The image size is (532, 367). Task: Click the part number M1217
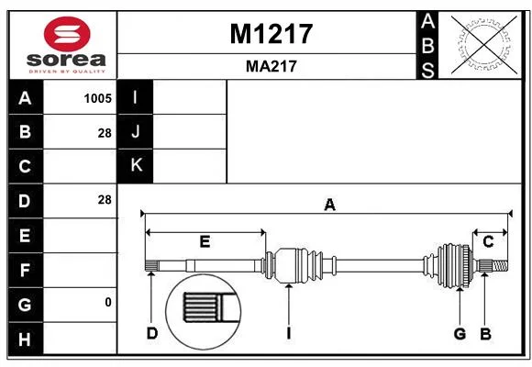pos(272,34)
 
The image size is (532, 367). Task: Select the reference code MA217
pos(272,66)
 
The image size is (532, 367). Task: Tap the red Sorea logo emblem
pos(67,34)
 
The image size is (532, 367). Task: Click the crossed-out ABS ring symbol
pos(484,44)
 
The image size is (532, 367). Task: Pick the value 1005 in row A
pos(98,98)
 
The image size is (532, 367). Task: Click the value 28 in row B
pos(105,133)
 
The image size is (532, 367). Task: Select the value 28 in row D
pos(105,200)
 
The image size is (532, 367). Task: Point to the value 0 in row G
pos(108,302)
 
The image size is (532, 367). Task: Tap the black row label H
pos(26,339)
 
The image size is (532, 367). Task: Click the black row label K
pos(135,166)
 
